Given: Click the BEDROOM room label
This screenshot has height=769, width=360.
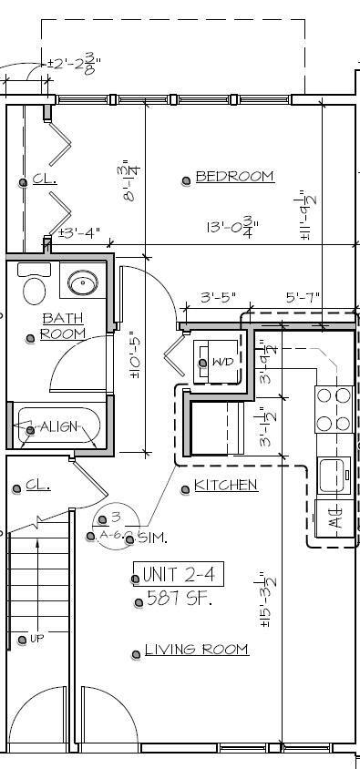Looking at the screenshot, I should pos(234,177).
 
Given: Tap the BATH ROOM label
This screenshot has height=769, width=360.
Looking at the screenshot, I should pos(63,326).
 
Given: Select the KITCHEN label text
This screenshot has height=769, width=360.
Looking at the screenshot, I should pos(225,486).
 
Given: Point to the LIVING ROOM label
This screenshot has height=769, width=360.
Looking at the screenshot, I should pos(196,650).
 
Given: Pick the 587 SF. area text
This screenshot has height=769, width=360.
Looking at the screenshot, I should pos(180,599).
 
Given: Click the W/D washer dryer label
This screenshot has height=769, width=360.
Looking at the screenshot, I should pos(221,363).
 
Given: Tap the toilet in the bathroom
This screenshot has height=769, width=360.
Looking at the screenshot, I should pos(35,287).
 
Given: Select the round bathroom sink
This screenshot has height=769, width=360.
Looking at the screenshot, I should pos(84,282).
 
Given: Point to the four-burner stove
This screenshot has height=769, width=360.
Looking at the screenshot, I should pos(334,409).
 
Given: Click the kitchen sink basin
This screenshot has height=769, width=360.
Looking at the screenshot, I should pos(334,474).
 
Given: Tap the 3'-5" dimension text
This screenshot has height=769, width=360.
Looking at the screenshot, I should pos(219,297).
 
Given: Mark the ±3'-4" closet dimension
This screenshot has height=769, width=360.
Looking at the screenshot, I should pos(79,233).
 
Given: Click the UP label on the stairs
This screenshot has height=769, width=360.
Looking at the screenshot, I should pos(36,639).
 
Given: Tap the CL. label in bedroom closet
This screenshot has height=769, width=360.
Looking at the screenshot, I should pos(45,180).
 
